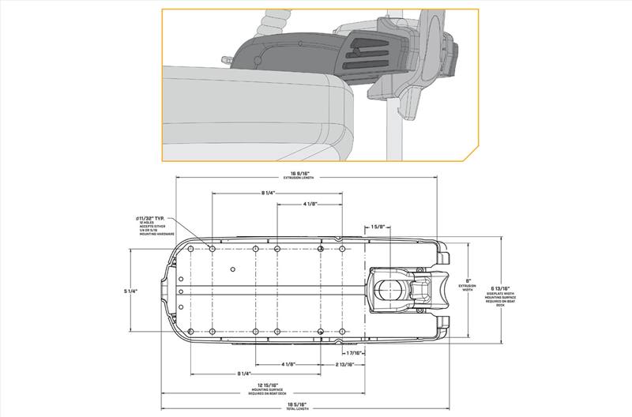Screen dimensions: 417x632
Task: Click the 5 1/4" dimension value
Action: (131, 291)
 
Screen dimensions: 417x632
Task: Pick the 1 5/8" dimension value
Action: (377, 227)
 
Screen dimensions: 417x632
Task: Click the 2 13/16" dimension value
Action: (343, 364)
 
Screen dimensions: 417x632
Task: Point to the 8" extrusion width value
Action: (468, 280)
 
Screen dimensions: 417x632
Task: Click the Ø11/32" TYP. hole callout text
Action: (152, 219)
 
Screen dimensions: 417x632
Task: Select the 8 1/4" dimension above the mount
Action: (268, 193)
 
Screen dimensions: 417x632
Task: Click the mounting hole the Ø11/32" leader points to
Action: (212, 249)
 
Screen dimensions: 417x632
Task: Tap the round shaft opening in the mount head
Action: (387, 290)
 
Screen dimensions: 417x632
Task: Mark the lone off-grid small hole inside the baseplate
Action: (231, 269)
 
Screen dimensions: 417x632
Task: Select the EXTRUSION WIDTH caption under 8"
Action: (468, 289)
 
